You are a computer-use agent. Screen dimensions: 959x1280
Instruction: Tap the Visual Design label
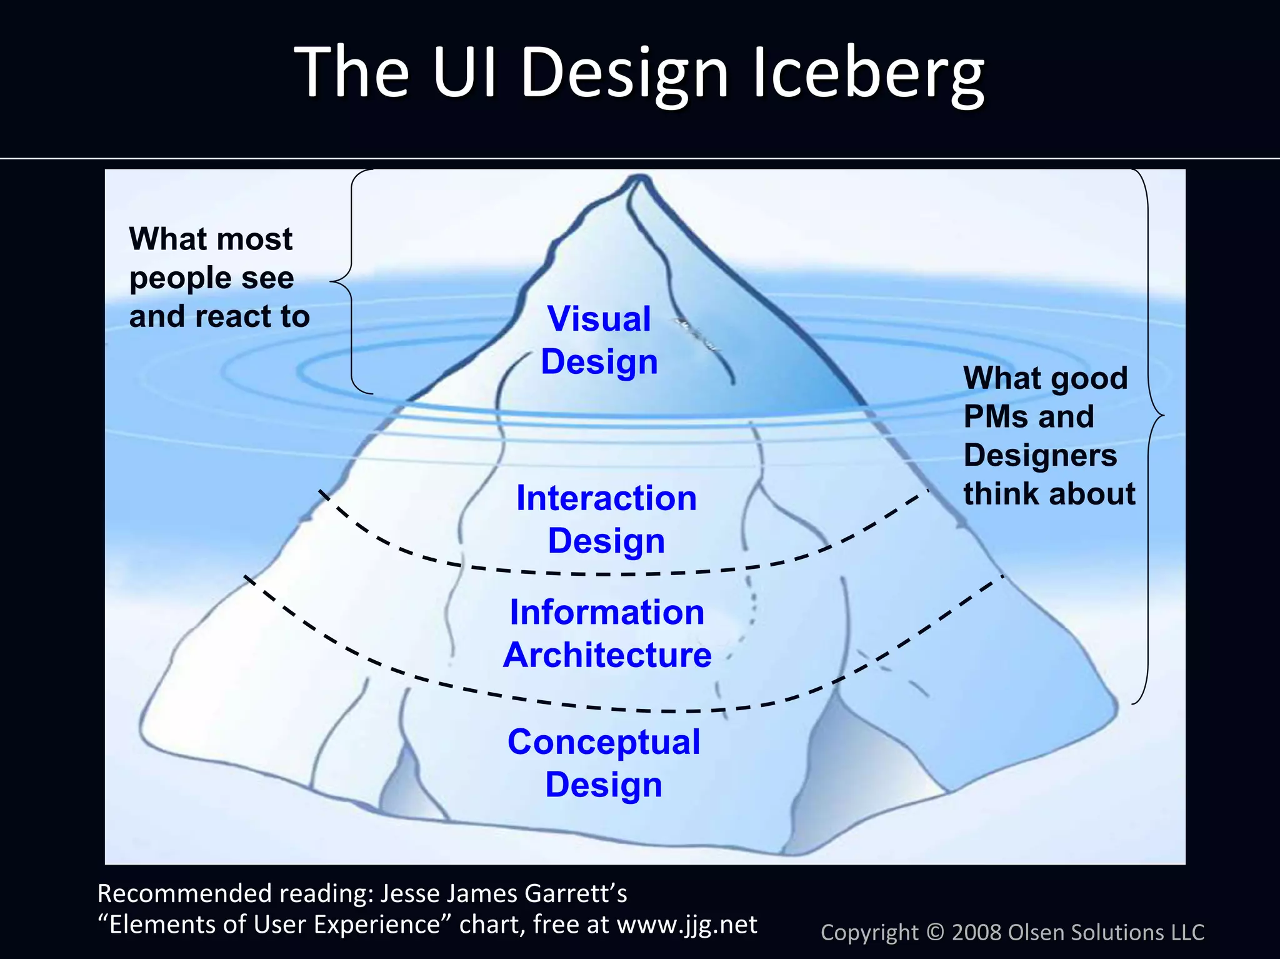(x=599, y=340)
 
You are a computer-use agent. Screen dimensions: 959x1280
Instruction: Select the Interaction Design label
(x=606, y=520)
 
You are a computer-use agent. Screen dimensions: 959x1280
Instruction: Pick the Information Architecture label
(x=607, y=633)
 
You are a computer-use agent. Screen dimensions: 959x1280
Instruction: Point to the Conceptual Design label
(x=604, y=763)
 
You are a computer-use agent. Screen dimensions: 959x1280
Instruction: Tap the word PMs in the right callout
(x=996, y=417)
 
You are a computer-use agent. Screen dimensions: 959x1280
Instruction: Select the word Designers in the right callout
(x=1040, y=455)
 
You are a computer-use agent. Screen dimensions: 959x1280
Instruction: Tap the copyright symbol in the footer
(x=934, y=933)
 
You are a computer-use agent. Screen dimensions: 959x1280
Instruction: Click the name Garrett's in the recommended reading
(x=576, y=894)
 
